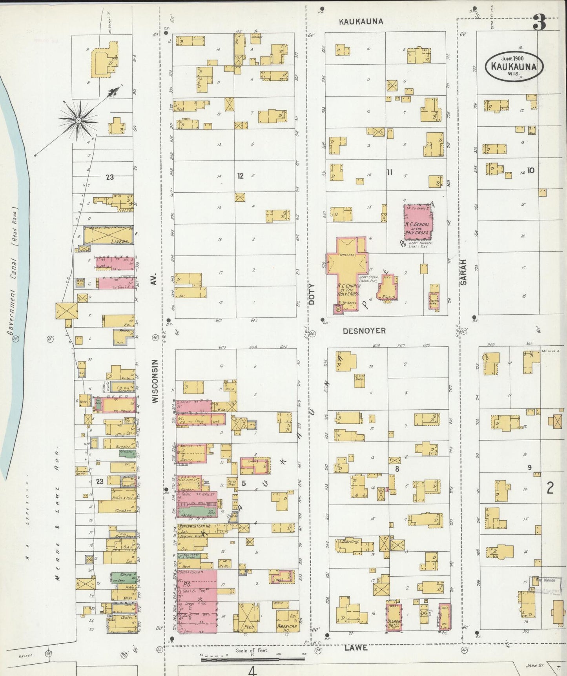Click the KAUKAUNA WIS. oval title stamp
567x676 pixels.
[514, 66]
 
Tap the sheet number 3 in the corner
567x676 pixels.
[539, 23]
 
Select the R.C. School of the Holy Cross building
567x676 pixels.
[418, 222]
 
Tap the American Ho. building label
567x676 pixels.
[287, 627]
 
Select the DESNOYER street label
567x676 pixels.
[364, 331]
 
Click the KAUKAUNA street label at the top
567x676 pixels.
[361, 22]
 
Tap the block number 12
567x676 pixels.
[241, 176]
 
